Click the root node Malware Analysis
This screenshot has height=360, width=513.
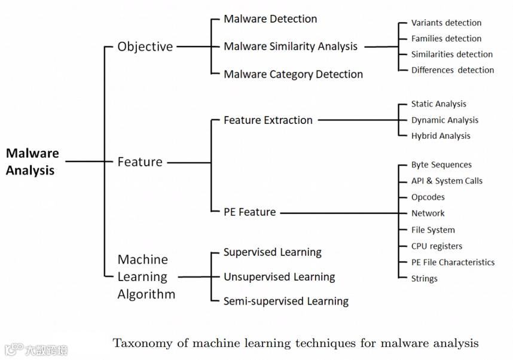32,162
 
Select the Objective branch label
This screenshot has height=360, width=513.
145,47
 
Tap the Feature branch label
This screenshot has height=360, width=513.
140,162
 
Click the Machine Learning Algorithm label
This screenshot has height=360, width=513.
146,277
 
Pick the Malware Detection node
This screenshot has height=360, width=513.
270,19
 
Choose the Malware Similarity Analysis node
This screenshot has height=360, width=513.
291,47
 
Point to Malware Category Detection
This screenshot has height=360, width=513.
293,74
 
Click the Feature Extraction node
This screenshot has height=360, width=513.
268,120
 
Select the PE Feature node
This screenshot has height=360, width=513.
249,212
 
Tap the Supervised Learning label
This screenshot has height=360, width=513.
272,252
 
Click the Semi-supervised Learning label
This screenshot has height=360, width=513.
286,301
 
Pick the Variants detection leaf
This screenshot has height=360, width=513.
446,23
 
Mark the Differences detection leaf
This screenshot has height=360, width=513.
453,70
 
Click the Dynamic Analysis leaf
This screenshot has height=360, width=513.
444,120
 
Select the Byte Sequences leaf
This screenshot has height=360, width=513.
441,165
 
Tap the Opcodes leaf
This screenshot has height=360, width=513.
427,197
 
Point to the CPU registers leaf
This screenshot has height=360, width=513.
436,246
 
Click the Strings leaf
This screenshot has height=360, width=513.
424,279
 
